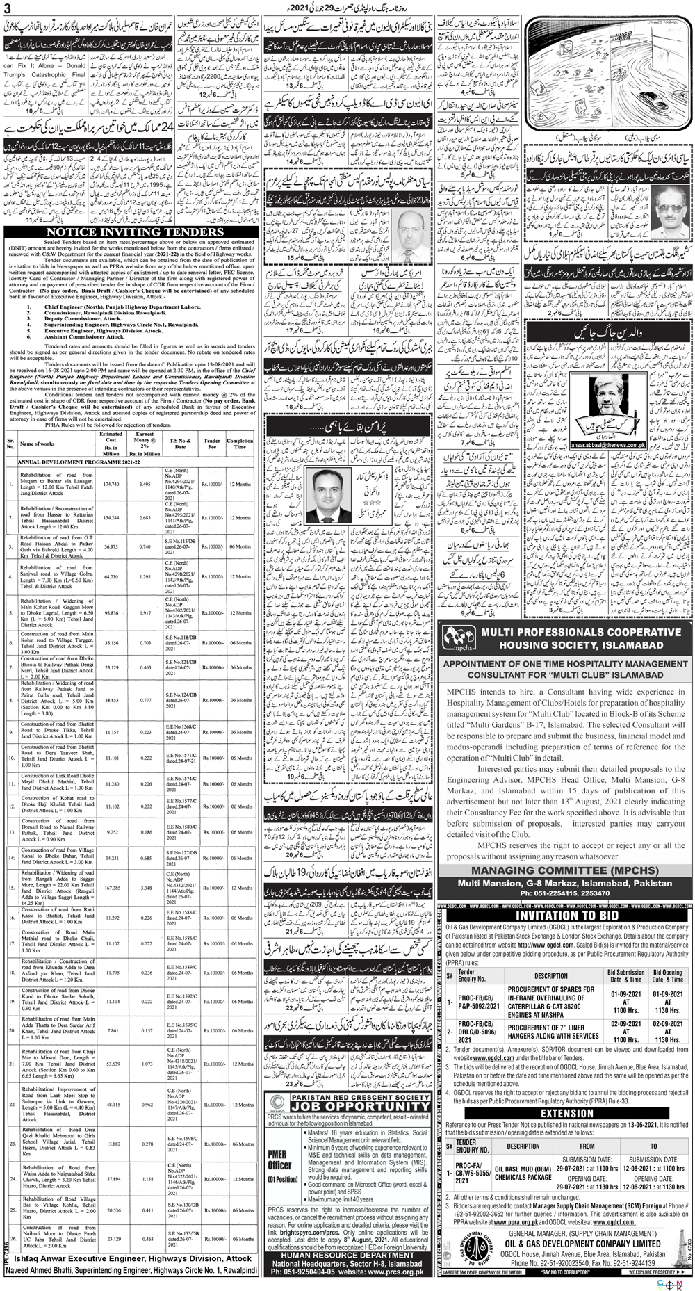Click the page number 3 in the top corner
point(8,8)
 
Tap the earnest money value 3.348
point(145,888)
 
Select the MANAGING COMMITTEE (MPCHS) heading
point(564,870)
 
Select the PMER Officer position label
point(279,1158)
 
